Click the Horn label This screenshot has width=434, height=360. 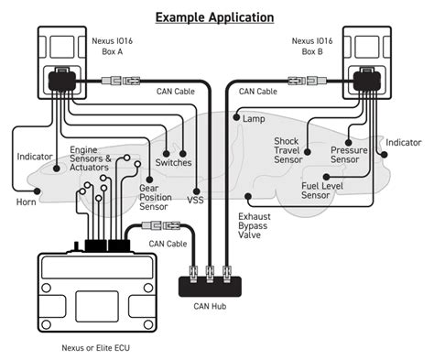pos(25,201)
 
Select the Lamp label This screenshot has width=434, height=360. pos(254,119)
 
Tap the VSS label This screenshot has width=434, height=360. pos(196,199)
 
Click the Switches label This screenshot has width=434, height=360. pos(174,162)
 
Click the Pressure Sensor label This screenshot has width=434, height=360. pos(345,154)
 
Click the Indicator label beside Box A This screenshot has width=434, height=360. pos(34,157)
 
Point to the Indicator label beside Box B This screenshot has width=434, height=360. pos(403,143)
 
